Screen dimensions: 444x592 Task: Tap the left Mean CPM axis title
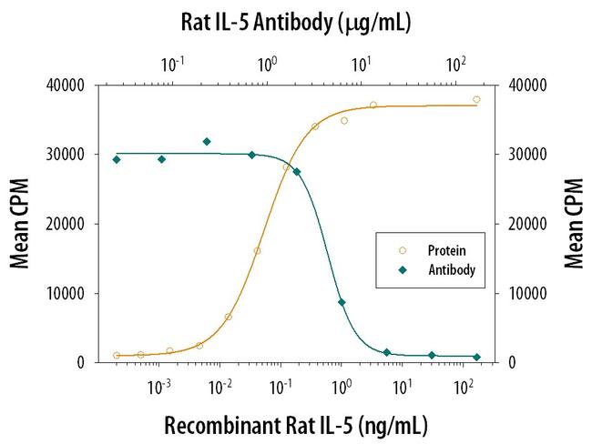point(19,224)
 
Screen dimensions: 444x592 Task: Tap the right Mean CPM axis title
point(572,224)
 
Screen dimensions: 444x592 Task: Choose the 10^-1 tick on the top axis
point(171,65)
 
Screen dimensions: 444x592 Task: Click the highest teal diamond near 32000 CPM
point(207,142)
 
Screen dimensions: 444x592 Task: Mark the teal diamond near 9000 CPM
point(342,302)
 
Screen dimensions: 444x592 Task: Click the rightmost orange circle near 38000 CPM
point(476,100)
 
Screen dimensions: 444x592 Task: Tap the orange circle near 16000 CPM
point(258,250)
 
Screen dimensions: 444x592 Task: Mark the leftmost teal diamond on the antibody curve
point(117,159)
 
